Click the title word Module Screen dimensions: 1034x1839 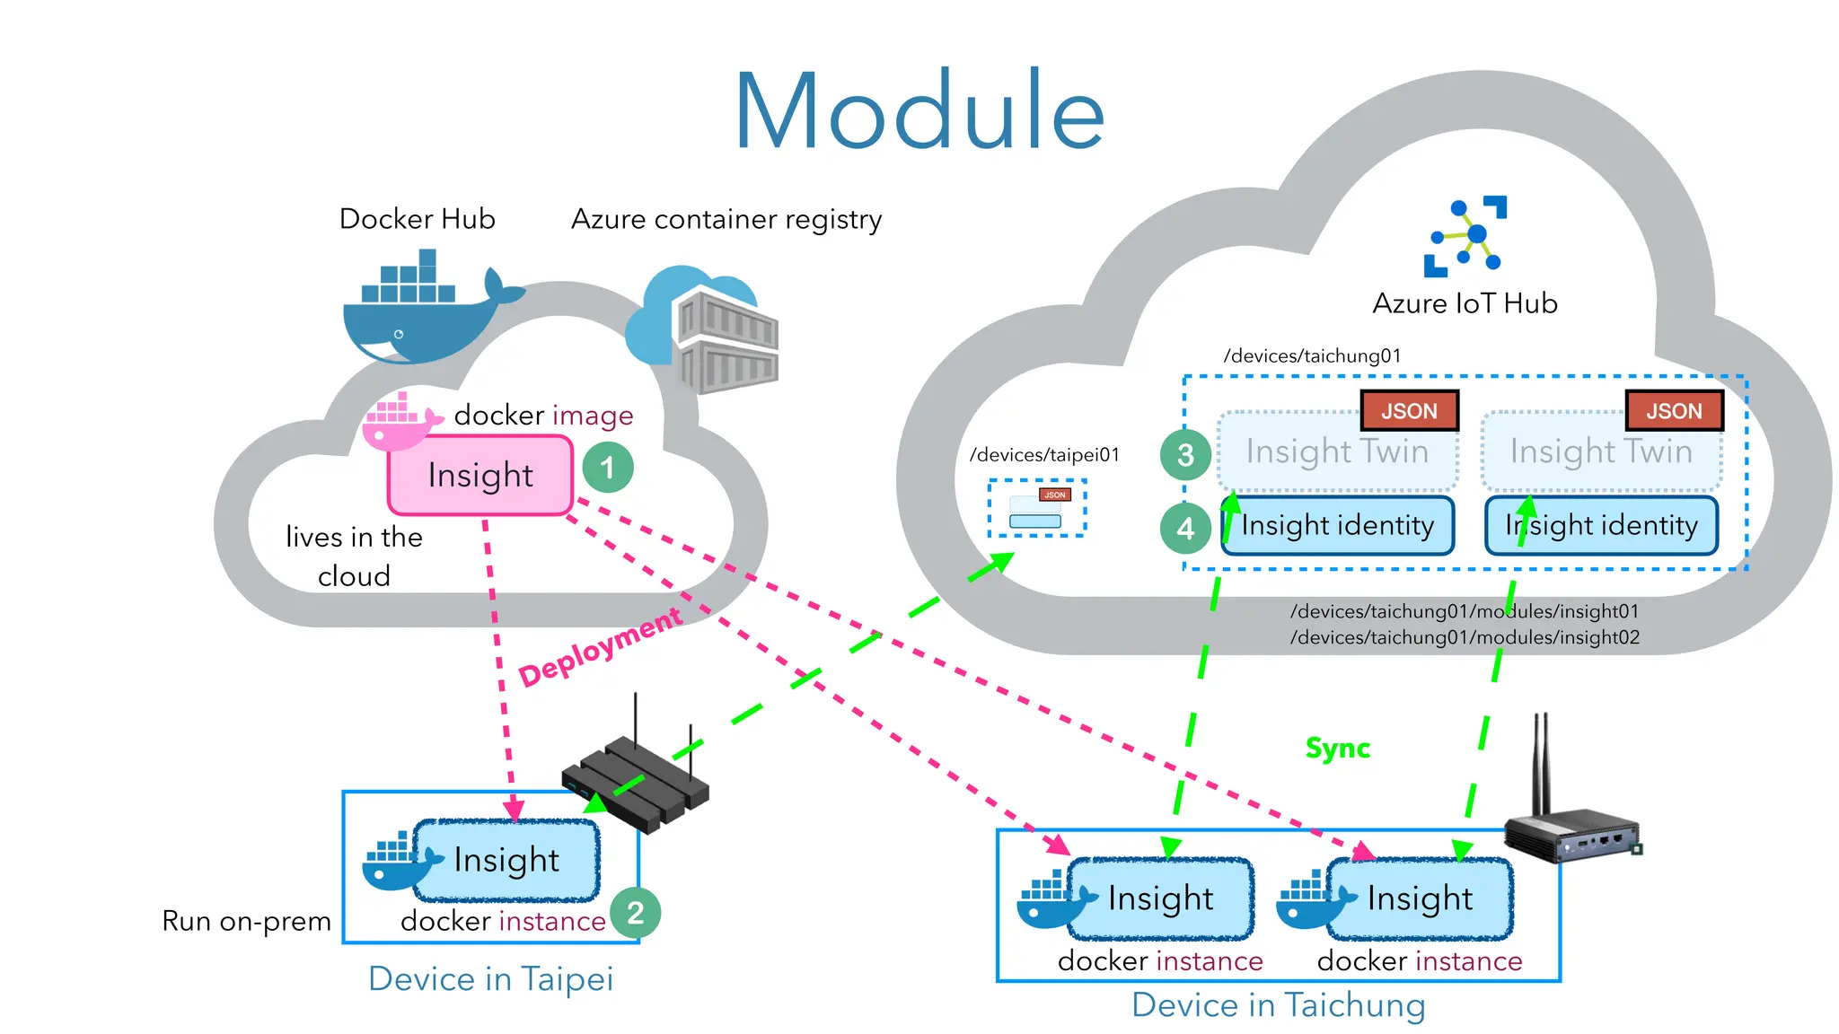coord(919,112)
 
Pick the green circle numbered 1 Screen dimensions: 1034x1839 coord(608,467)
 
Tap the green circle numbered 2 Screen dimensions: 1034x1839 coord(635,913)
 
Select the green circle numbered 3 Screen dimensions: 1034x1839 coord(1185,455)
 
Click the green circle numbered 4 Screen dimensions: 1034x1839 coord(1185,528)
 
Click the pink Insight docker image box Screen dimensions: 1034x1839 coord(480,475)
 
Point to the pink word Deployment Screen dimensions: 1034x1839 coord(600,648)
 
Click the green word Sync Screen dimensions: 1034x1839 coord(1337,748)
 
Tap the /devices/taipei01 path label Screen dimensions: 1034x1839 coord(1044,455)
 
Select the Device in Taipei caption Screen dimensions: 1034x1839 coord(490,978)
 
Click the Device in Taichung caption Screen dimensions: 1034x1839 coord(1278,1005)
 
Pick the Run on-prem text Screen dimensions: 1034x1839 coord(246,921)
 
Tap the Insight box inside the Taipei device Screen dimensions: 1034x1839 coord(506,860)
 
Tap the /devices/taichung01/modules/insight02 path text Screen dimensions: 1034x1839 coord(1465,637)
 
